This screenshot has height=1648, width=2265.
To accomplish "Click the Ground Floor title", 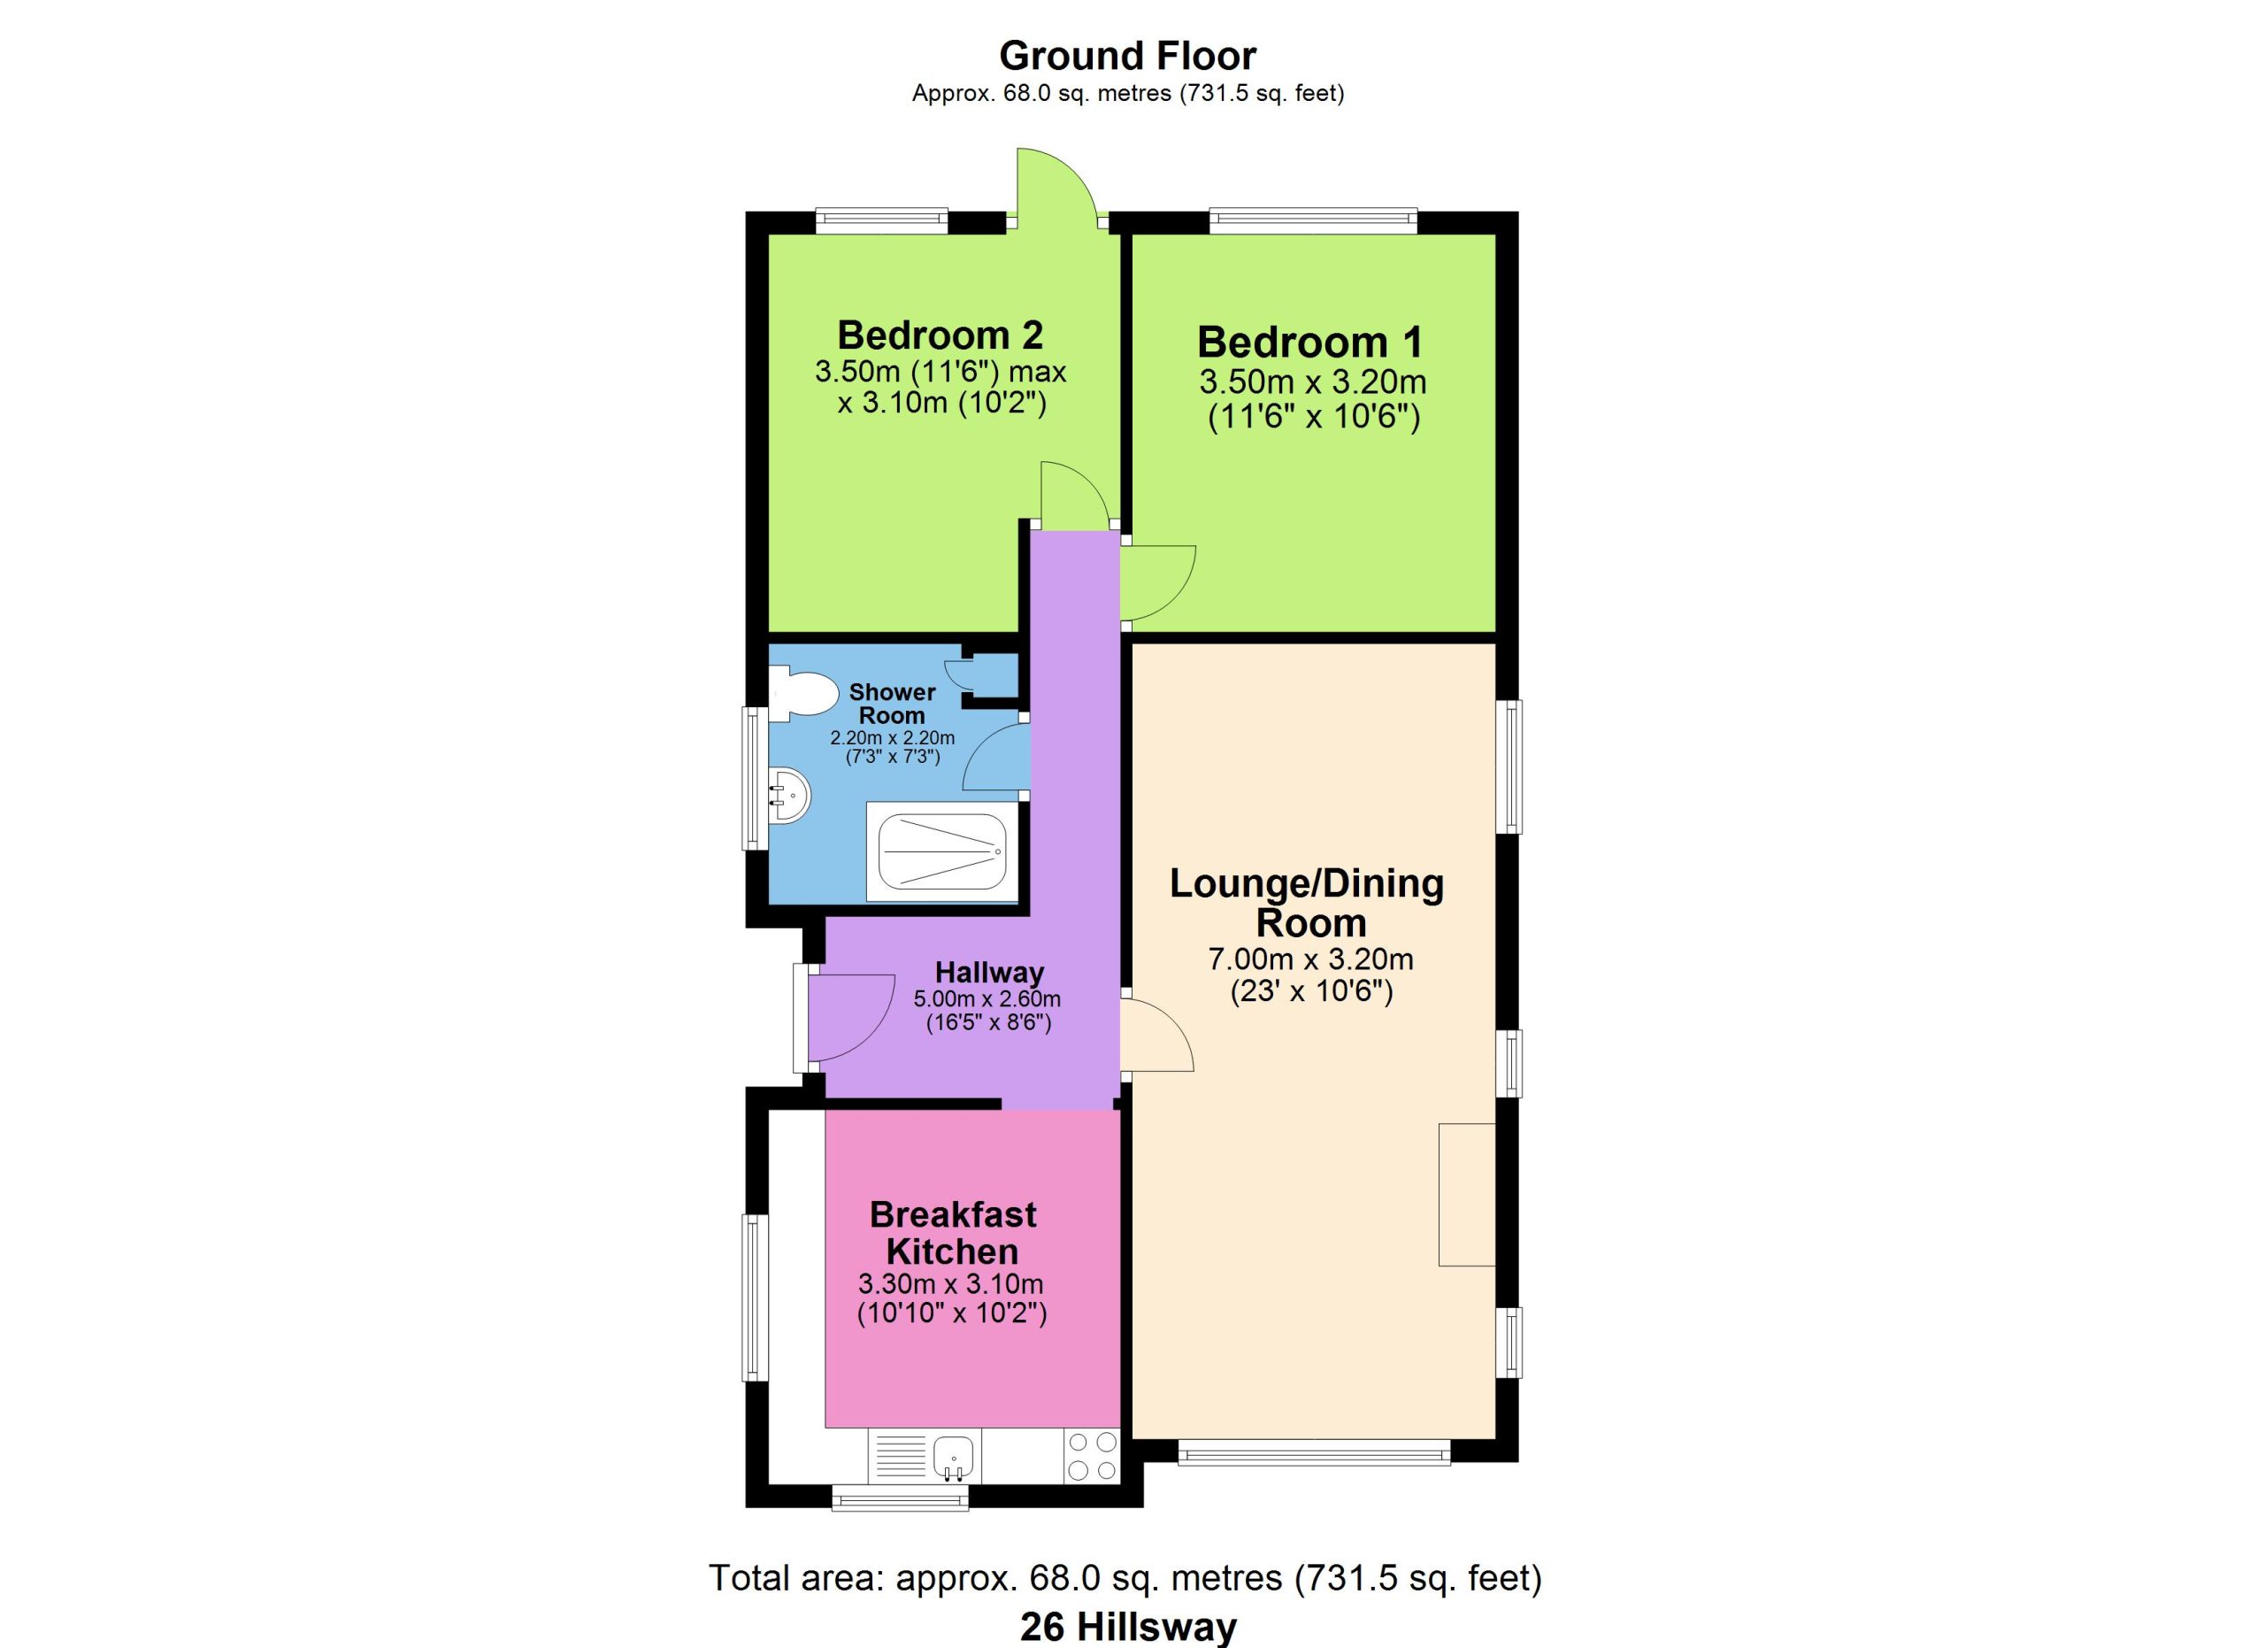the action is [x=1127, y=56].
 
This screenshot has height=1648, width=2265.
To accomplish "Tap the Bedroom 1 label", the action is [x=1310, y=343].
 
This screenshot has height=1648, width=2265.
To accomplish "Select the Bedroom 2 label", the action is [x=941, y=335].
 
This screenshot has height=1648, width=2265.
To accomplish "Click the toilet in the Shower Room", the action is [x=804, y=695].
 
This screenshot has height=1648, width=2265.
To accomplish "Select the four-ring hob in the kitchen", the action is [x=1092, y=1456].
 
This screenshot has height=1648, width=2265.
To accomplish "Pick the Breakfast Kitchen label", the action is [x=953, y=1233].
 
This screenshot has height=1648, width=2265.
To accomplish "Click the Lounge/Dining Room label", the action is [x=1308, y=903].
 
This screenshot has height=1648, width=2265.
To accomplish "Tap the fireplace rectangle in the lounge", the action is [x=1467, y=1195].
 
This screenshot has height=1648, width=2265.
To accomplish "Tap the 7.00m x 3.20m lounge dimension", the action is [x=1310, y=959].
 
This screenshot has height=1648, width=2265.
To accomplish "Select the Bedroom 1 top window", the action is [x=1313, y=220].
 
